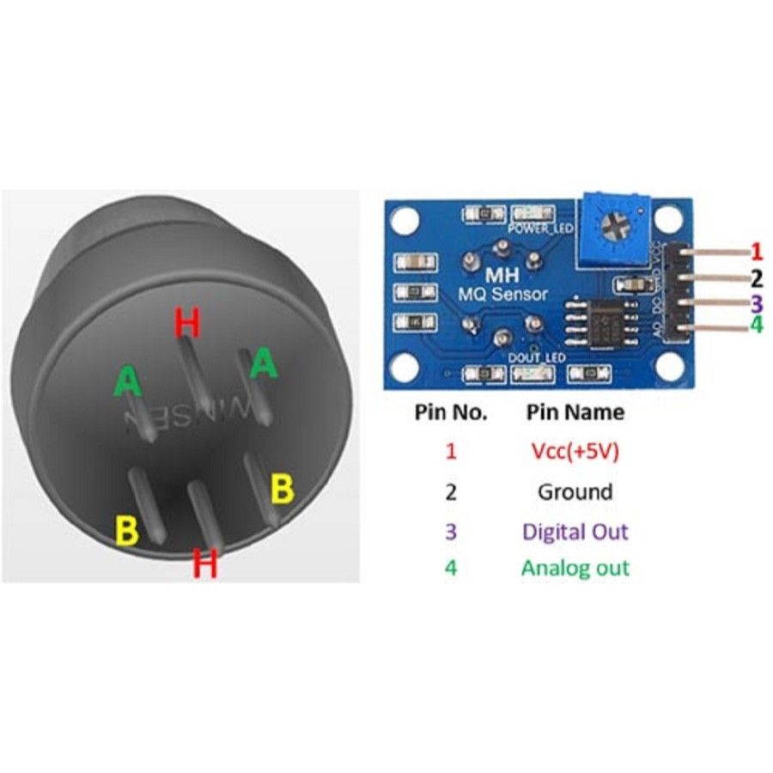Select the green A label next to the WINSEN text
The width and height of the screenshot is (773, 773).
pos(128,380)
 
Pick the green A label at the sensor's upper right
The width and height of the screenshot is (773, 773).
pos(264,364)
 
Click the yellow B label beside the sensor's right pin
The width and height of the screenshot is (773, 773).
pos(283,490)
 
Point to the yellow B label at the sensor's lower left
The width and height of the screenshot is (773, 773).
pos(126,531)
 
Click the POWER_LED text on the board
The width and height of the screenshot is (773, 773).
pos(535,229)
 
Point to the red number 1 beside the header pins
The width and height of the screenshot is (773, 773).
pos(757,252)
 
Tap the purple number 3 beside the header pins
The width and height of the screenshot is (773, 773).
pos(756,302)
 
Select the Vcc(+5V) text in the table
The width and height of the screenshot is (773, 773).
pos(575,453)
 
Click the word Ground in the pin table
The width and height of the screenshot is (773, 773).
pos(575,492)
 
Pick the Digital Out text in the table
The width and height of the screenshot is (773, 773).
pos(575,531)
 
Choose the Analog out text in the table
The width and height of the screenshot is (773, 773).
pos(575,568)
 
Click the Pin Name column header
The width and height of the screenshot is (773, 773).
pos(575,413)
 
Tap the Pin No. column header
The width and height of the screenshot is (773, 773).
pos(451,413)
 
